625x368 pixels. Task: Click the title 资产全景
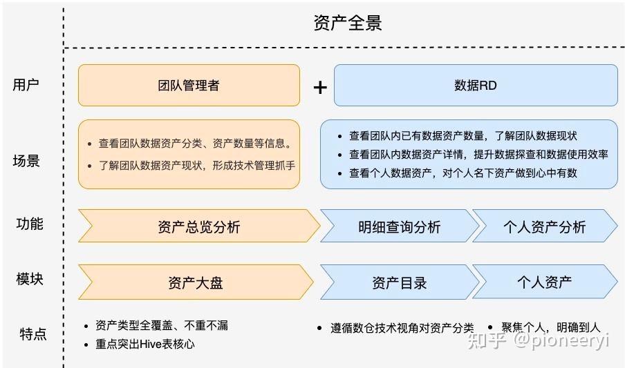pyautogui.click(x=348, y=23)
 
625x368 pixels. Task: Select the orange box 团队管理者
pyautogui.click(x=189, y=85)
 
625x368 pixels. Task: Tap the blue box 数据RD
pyautogui.click(x=476, y=85)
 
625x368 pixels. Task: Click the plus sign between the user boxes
pyautogui.click(x=320, y=87)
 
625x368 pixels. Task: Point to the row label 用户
pyautogui.click(x=26, y=84)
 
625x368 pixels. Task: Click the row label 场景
pyautogui.click(x=26, y=160)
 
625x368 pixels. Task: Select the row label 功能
pyautogui.click(x=30, y=224)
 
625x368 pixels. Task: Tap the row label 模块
pyautogui.click(x=30, y=278)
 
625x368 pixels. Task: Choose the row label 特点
pyautogui.click(x=33, y=333)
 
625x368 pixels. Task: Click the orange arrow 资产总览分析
pyautogui.click(x=199, y=226)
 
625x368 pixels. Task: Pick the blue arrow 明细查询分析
pyautogui.click(x=400, y=226)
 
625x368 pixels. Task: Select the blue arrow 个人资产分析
pyautogui.click(x=545, y=226)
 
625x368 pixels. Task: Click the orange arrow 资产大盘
pyautogui.click(x=196, y=282)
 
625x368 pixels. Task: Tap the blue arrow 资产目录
pyautogui.click(x=400, y=282)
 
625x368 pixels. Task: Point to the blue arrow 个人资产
pyautogui.click(x=545, y=282)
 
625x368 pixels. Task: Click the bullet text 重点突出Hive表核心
pyautogui.click(x=145, y=344)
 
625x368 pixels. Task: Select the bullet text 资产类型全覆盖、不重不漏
pyautogui.click(x=162, y=325)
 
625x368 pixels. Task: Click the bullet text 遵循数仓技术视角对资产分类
pyautogui.click(x=402, y=328)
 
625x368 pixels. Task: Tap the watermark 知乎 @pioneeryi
pyautogui.click(x=538, y=340)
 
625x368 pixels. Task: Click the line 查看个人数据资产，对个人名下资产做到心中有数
pyautogui.click(x=463, y=173)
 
